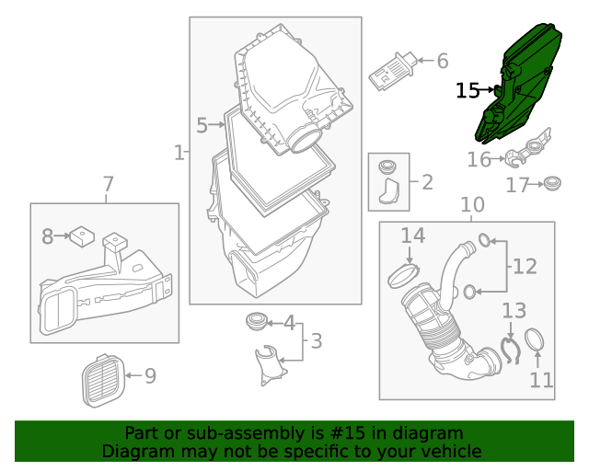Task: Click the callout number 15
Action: pos(468,90)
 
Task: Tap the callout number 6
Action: pos(443,62)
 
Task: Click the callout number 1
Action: pos(179,152)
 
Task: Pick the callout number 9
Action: pos(149,375)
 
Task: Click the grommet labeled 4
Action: pos(255,322)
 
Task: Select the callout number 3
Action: pos(316,342)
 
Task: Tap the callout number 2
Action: pos(426,182)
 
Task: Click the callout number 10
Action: pos(471,204)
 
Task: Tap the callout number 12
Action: pos(525,267)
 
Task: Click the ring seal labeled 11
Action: pos(538,341)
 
